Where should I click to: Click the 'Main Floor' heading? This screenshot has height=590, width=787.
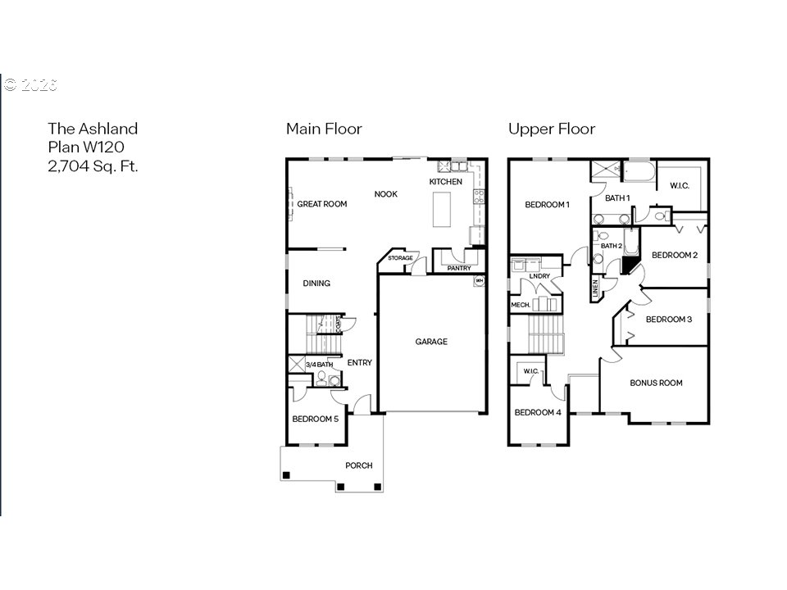324,129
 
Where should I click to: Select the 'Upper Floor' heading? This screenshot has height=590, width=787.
552,129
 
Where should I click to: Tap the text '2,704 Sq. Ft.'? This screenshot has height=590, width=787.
93,166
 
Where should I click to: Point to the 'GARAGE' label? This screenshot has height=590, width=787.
431,342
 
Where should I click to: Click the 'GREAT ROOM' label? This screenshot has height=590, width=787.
322,204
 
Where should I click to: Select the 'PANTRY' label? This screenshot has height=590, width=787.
460,267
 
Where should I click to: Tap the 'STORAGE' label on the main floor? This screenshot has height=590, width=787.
401,258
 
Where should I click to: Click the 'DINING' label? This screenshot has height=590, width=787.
316,284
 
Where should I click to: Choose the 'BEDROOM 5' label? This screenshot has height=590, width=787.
316,419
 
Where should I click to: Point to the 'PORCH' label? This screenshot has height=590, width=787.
358,465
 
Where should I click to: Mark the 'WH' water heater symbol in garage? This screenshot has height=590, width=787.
479,281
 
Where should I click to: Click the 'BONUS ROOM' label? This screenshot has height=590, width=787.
656,383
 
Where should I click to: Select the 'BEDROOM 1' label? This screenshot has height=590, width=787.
547,204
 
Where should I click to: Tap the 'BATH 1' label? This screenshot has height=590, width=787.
617,197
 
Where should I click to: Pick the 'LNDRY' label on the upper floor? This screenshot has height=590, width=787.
539,276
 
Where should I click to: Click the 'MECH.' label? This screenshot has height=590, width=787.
521,305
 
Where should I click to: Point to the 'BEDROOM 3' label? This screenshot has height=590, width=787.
669,320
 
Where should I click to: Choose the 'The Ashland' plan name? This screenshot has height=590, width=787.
93,129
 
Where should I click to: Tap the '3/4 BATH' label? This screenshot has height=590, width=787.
319,364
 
